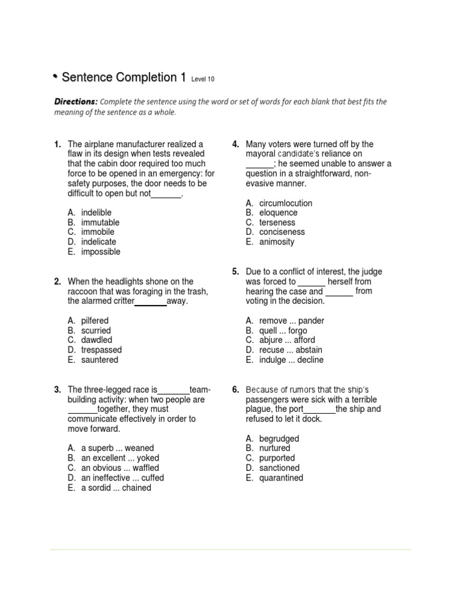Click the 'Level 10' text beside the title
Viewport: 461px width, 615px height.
202,79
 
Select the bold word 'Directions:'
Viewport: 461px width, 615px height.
75,101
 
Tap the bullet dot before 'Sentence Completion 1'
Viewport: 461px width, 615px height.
55,76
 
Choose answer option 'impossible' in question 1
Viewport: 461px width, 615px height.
100,252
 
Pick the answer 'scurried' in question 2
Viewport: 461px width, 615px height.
96,330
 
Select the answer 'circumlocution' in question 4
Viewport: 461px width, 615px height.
286,203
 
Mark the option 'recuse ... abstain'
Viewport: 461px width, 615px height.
291,350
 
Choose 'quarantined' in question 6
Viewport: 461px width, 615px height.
281,478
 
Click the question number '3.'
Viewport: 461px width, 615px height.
58,390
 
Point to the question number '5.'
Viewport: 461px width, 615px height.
236,271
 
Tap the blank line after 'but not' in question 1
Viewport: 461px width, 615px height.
166,195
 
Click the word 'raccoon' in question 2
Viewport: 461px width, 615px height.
83,291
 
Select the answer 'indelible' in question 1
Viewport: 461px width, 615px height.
96,213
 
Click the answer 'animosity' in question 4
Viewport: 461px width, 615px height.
277,242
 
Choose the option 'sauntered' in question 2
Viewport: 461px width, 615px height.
100,360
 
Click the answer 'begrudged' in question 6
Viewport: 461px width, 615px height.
279,438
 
